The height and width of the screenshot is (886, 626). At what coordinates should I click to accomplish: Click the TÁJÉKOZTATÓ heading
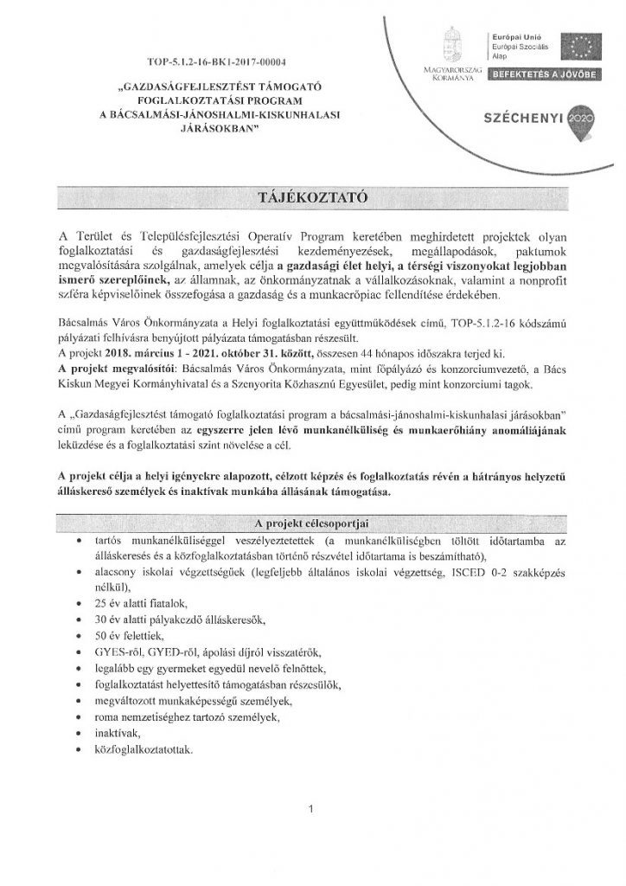click(x=312, y=196)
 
